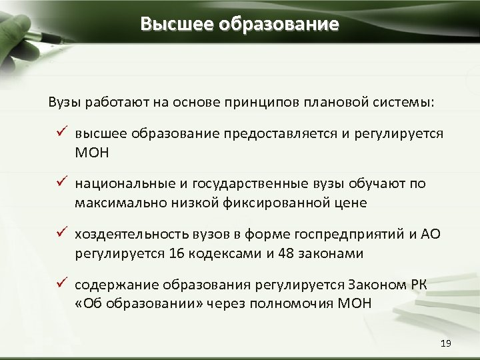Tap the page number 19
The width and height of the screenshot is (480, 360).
(446, 343)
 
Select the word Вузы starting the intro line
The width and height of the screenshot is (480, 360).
(63, 103)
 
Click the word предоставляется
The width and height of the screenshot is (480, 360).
(282, 134)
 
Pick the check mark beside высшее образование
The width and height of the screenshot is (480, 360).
(59, 133)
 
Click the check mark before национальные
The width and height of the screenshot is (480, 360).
(59, 183)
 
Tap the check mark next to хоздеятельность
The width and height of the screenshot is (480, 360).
(59, 233)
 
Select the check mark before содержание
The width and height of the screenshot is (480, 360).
(59, 284)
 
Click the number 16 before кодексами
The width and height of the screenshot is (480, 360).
(177, 253)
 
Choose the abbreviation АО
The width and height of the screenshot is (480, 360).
(431, 234)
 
